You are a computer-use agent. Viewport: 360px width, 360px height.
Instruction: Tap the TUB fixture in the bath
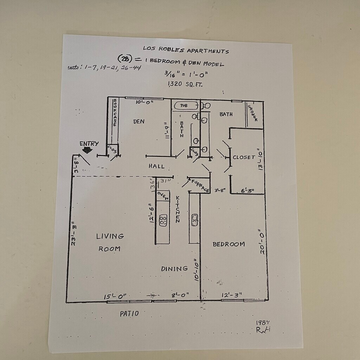click(x=184, y=105)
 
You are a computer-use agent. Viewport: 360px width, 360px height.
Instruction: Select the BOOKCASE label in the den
click(x=115, y=112)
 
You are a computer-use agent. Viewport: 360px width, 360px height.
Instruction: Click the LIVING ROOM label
click(x=110, y=242)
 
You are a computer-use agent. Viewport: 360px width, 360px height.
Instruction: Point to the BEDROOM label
click(x=229, y=244)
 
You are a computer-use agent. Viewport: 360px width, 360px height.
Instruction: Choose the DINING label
click(x=174, y=269)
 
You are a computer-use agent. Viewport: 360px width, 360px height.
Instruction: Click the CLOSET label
click(x=244, y=157)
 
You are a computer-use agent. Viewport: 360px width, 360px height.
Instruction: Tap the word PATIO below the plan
click(x=129, y=314)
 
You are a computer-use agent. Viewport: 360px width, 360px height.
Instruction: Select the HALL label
click(x=156, y=166)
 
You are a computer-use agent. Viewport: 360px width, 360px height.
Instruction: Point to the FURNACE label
click(x=200, y=186)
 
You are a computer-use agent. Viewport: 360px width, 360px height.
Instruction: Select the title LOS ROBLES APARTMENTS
click(x=186, y=50)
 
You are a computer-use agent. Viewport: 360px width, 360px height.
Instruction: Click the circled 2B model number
click(x=124, y=59)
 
